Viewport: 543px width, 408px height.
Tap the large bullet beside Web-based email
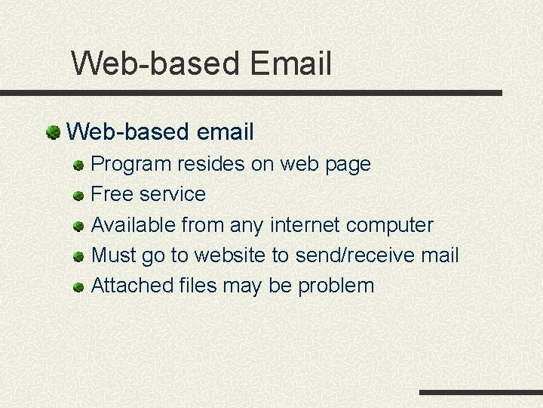(x=53, y=133)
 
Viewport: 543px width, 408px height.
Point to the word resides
(x=206, y=164)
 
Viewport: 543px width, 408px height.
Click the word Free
(x=108, y=194)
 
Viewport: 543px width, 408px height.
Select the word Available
(x=132, y=225)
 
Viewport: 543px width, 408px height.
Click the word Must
(x=114, y=255)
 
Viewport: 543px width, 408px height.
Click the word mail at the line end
(x=440, y=255)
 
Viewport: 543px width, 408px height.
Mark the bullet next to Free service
(x=78, y=196)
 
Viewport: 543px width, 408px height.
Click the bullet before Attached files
(x=78, y=287)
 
